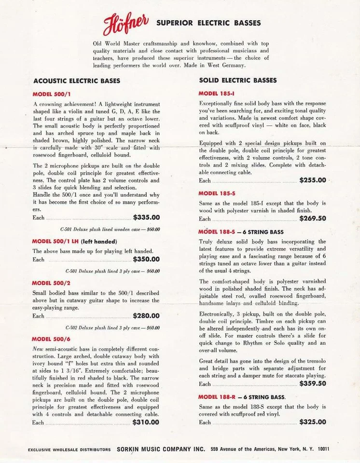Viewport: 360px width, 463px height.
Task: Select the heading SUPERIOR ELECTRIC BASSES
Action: (x=208, y=23)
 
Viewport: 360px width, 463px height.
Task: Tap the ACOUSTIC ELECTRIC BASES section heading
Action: (x=77, y=81)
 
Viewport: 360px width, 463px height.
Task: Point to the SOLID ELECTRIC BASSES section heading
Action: (x=238, y=80)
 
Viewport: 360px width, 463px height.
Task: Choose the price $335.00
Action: (x=146, y=217)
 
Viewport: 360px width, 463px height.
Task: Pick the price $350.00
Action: (x=146, y=259)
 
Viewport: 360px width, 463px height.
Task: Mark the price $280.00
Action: (x=146, y=316)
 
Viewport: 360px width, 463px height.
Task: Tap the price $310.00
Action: (x=146, y=422)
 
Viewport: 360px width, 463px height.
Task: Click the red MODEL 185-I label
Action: (x=215, y=93)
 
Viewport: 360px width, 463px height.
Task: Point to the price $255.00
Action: (x=312, y=180)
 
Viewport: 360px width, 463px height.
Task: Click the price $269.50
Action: (x=312, y=218)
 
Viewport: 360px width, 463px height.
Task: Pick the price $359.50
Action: (x=312, y=383)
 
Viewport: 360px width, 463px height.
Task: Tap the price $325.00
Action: (x=312, y=422)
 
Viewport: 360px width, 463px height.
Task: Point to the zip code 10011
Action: (x=323, y=449)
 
